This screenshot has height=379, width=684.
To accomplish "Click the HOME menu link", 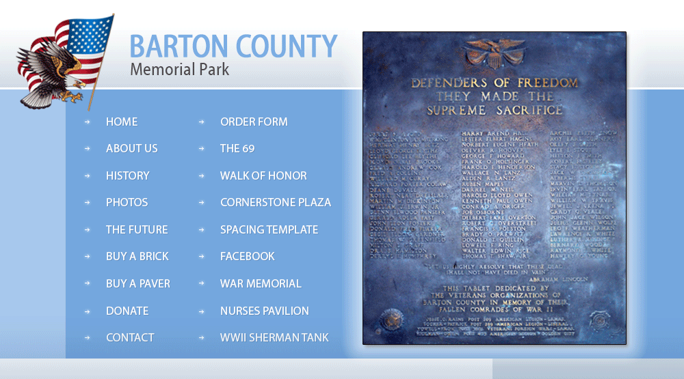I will (122, 122).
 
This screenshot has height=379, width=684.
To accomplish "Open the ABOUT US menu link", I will (131, 148).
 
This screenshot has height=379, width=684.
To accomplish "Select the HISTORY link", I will (127, 176).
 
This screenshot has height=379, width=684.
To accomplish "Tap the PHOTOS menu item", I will (127, 202).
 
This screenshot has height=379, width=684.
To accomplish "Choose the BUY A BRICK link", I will (137, 256).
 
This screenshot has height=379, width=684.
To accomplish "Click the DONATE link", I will (127, 311).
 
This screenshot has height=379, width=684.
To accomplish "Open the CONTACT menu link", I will (130, 337).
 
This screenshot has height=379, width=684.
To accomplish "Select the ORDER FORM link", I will (254, 122).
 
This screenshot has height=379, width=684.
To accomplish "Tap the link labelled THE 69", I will (237, 148).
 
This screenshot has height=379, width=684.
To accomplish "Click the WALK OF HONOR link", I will (263, 176).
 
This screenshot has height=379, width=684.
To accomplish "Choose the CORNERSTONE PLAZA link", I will (276, 202).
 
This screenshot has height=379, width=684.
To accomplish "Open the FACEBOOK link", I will (248, 256).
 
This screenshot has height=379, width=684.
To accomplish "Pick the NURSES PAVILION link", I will (265, 311).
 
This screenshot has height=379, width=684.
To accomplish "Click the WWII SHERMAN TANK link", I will (274, 337).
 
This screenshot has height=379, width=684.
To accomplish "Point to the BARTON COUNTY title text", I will (233, 46).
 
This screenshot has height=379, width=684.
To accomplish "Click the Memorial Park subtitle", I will (180, 70).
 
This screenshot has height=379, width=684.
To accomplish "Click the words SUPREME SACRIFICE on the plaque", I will (495, 110).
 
